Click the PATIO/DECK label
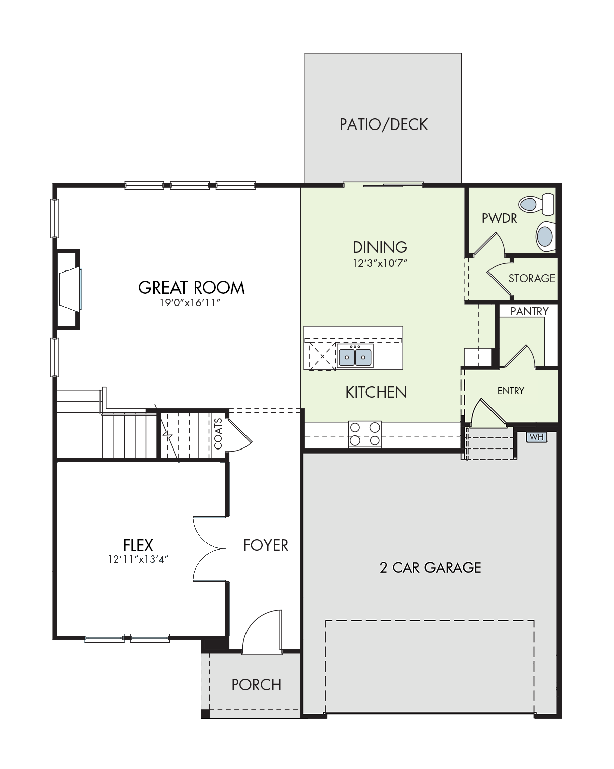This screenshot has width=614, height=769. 383,124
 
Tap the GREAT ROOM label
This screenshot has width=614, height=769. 192,288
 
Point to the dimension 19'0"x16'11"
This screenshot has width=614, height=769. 190,303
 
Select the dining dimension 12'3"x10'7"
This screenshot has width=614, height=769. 380,263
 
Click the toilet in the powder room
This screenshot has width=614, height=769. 536,204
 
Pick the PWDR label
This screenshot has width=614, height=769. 499,218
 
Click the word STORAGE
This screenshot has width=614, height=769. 531,278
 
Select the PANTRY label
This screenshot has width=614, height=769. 529,311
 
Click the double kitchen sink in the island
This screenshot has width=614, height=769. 355,356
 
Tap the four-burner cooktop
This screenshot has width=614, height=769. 365,434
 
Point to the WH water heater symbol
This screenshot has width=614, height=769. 536,437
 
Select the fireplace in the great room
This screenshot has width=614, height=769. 69,289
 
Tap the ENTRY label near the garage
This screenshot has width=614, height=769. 511,391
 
